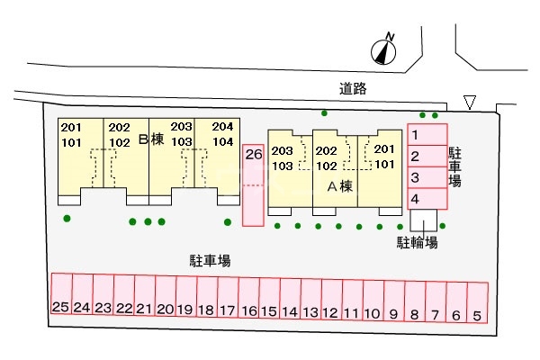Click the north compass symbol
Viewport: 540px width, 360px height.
pos(383,51)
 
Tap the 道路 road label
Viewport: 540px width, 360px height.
pos(353,89)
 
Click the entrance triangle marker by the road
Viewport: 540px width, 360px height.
pos(470,102)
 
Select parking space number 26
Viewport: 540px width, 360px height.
pos(253,185)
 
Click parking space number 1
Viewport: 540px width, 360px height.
pos(427,135)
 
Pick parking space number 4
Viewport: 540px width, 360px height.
pos(427,199)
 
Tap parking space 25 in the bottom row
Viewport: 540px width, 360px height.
pos(62,293)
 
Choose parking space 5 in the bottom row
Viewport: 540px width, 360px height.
pos(478,302)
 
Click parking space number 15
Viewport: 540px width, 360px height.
pos(270,298)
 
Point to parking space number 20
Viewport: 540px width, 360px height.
pos(166,295)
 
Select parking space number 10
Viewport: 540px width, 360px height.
pos(373,301)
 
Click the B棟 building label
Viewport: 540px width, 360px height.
pos(151,139)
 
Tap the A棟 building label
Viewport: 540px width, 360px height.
pos(340,186)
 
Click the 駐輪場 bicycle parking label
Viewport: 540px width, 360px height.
pos(417,242)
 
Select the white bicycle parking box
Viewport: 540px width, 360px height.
pos(424,220)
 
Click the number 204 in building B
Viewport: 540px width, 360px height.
pos(222,126)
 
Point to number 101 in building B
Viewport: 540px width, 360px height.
pos(71,142)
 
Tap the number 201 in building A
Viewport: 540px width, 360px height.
pos(384,148)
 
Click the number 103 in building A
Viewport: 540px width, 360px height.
pos(283,166)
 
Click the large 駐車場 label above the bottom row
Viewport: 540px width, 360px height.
pos(210,261)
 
